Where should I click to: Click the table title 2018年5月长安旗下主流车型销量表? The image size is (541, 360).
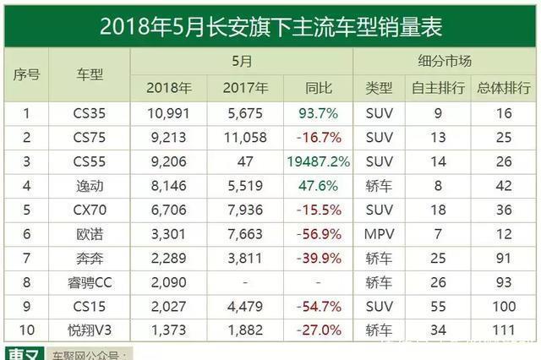(x=270, y=25)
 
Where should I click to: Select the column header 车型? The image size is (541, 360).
(x=89, y=74)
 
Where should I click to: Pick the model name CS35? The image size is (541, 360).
(x=89, y=112)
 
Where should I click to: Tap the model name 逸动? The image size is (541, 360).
(x=89, y=179)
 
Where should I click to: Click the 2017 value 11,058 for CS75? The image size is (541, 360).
(x=245, y=134)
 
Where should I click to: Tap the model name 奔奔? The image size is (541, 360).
(x=89, y=247)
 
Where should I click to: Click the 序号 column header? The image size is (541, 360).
(x=26, y=74)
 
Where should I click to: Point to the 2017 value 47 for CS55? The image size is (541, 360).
(x=245, y=157)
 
